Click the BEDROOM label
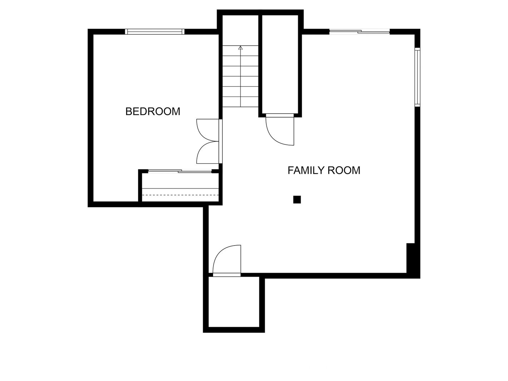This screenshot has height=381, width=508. [x=153, y=112]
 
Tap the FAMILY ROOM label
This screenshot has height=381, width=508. [x=324, y=170]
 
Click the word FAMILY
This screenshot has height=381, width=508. [x=306, y=170]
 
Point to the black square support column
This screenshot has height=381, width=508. [x=297, y=200]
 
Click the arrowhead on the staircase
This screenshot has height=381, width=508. [x=241, y=48]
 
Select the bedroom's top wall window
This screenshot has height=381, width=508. [x=155, y=32]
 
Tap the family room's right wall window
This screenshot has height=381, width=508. [x=418, y=77]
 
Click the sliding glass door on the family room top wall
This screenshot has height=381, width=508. [x=359, y=32]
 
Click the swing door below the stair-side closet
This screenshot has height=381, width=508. [x=280, y=129]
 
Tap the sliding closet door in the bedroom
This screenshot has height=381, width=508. [x=180, y=171]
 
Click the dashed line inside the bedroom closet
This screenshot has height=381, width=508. [x=180, y=195]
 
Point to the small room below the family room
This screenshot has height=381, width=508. [x=234, y=302]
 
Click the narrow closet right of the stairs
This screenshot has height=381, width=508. [x=280, y=64]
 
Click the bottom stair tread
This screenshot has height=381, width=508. [x=241, y=102]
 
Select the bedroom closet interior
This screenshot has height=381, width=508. [x=180, y=187]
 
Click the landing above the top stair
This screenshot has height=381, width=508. [x=241, y=30]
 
